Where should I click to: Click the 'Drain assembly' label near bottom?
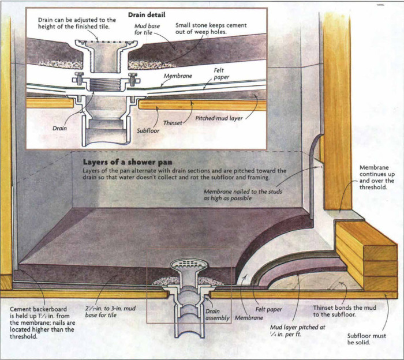[217, 314]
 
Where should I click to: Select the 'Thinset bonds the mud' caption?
[344, 312]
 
